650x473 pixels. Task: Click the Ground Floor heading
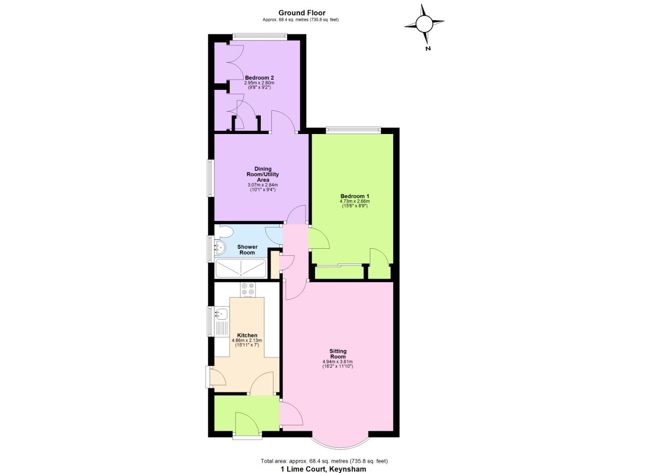click(302, 13)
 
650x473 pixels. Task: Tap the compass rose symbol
click(424, 25)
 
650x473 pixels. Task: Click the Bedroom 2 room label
click(259, 78)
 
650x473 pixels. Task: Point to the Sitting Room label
click(337, 353)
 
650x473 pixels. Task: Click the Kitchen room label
click(247, 335)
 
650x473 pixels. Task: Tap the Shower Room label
click(247, 250)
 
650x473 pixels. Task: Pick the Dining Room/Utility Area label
click(263, 174)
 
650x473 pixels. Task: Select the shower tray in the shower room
click(241, 268)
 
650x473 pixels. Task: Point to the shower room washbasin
click(220, 248)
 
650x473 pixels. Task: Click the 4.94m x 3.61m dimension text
click(337, 362)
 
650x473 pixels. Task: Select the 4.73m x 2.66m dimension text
click(355, 201)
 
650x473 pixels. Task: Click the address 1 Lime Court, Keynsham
click(323, 469)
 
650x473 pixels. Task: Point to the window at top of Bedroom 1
click(353, 130)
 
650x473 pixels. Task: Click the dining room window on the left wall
click(211, 178)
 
